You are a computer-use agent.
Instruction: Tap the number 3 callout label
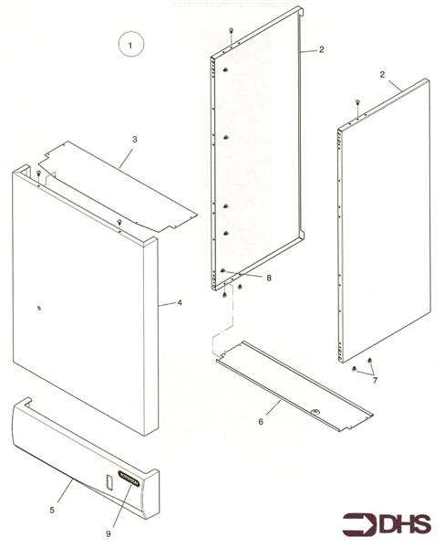click(x=134, y=139)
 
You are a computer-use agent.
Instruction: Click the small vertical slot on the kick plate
click(x=108, y=481)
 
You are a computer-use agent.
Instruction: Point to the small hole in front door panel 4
click(x=38, y=308)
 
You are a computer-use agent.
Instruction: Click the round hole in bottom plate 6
click(x=315, y=412)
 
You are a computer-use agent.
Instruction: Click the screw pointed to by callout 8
click(x=224, y=271)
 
